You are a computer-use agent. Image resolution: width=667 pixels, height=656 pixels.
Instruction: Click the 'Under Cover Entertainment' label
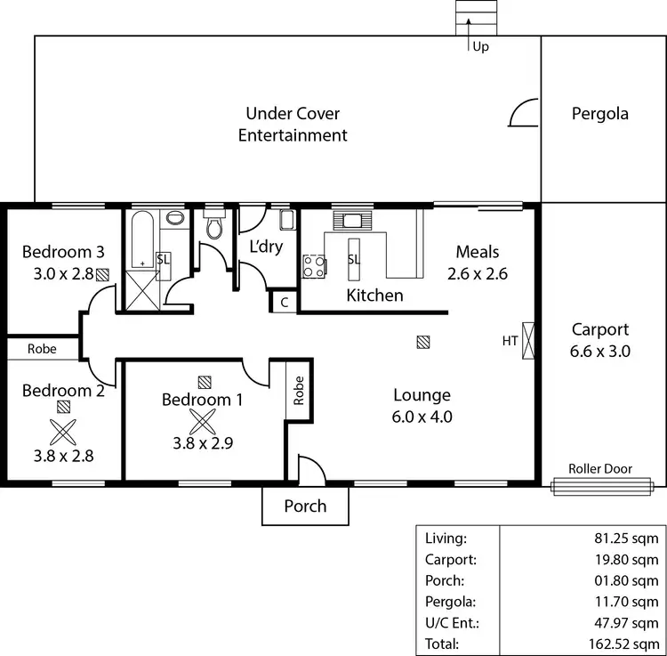293,125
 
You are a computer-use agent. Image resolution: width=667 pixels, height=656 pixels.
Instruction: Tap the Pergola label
599,113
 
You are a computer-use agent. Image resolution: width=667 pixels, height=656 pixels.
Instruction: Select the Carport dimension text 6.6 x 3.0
600,351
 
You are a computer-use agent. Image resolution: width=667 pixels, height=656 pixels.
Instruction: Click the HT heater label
510,340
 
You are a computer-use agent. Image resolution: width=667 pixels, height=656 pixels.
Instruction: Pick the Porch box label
305,506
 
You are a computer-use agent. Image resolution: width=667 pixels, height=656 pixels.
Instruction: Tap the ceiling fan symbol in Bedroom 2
63,432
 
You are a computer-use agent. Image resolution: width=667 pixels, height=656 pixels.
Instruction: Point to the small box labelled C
284,303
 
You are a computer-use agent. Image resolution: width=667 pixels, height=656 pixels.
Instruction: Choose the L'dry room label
265,247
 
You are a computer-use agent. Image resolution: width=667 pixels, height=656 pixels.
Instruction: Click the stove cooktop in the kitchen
314,265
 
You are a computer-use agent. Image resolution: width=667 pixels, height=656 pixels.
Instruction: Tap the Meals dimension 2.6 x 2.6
477,274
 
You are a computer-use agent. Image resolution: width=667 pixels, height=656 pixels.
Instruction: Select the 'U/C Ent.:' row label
450,623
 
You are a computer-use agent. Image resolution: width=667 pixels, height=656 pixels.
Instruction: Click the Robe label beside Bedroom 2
41,349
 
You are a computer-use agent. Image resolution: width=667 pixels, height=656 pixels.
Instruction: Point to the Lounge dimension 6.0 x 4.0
422,416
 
